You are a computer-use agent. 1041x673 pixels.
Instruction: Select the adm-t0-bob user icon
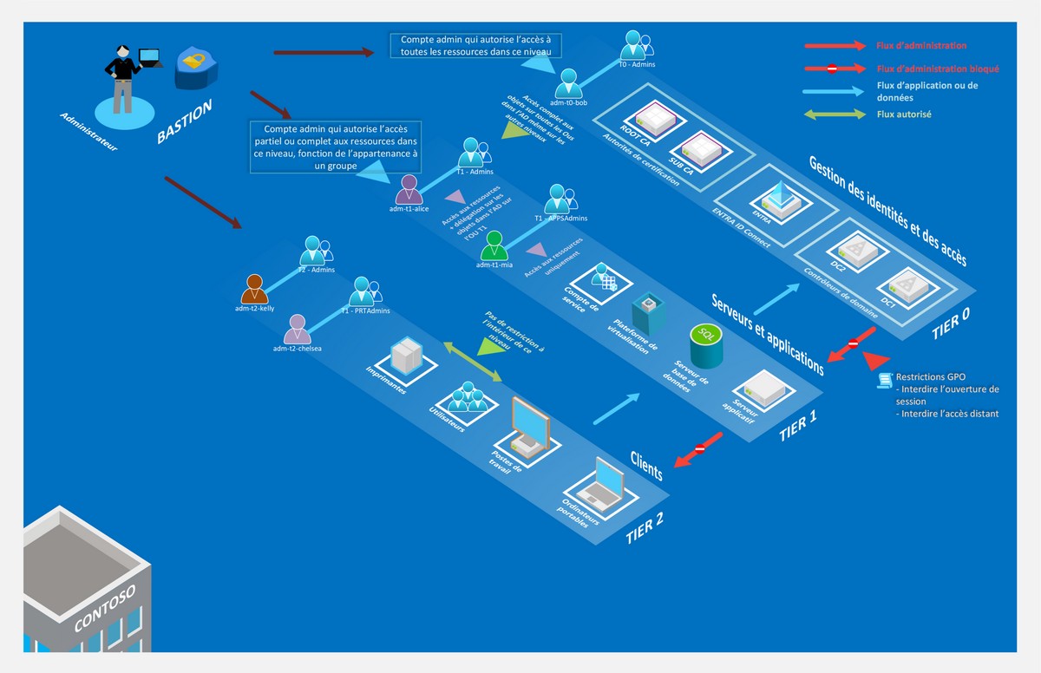(x=570, y=83)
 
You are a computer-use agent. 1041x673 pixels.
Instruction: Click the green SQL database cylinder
(x=706, y=345)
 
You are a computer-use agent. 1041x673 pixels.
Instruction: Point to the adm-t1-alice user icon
(x=409, y=189)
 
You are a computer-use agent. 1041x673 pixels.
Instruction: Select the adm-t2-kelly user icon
(x=254, y=288)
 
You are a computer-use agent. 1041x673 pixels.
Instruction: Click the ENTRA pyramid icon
(x=785, y=201)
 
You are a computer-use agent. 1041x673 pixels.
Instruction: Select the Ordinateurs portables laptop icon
(x=602, y=480)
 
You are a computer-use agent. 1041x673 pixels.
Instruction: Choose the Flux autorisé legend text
(x=904, y=114)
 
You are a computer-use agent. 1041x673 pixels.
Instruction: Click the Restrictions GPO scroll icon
(x=885, y=379)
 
